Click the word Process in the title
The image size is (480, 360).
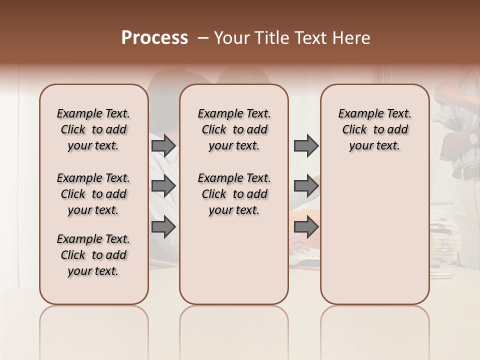[x=154, y=38]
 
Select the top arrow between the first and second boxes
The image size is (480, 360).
[x=163, y=145]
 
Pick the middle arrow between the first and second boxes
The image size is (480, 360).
[x=163, y=186]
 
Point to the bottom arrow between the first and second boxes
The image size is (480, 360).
[x=163, y=227]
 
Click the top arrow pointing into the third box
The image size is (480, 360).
[x=306, y=145]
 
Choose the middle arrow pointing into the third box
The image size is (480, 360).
[x=306, y=186]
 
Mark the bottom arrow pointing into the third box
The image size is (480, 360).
[x=306, y=227]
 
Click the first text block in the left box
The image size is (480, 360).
[x=93, y=129]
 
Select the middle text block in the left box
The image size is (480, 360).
[x=93, y=194]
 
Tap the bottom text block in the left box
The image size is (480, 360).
[x=93, y=255]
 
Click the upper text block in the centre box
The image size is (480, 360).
[x=234, y=129]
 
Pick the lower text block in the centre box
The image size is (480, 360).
[x=234, y=194]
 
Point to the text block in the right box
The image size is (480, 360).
[x=374, y=129]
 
